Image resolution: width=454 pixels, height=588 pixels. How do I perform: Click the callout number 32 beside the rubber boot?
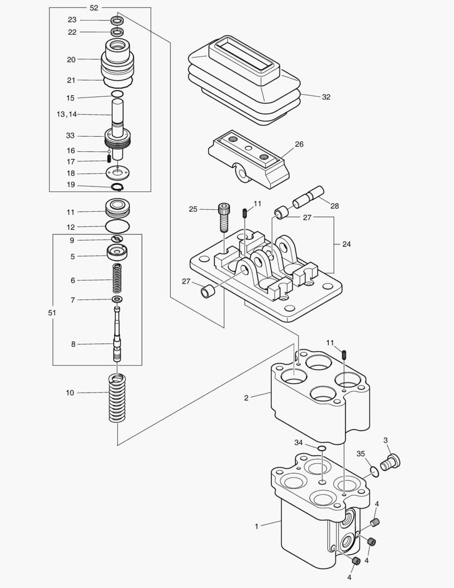point(326,97)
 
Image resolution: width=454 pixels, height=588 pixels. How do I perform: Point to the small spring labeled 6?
point(117,279)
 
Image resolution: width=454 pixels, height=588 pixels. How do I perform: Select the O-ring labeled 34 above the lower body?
point(322,449)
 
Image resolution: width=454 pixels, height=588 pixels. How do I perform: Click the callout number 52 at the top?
point(94,8)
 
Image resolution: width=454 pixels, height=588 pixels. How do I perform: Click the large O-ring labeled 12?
point(117,226)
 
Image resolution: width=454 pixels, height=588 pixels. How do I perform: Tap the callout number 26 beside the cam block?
point(299,144)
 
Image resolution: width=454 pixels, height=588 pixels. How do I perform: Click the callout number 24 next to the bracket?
point(346,244)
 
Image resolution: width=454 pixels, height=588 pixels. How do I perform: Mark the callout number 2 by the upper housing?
point(246,398)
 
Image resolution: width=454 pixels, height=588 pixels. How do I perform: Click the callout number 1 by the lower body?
point(256,526)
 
